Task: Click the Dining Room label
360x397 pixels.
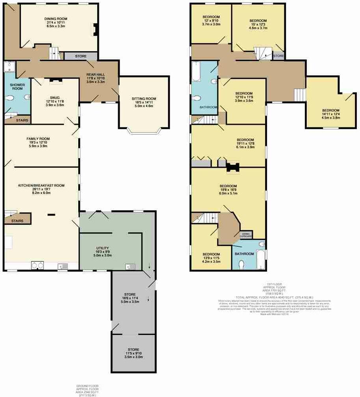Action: [56, 18]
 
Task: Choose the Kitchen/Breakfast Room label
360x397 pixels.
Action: [41, 185]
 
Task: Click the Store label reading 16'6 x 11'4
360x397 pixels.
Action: [130, 294]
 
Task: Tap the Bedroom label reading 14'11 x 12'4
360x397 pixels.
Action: [330, 110]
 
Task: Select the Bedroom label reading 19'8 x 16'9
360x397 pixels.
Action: [228, 186]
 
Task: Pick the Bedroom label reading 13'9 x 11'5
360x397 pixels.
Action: [211, 254]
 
